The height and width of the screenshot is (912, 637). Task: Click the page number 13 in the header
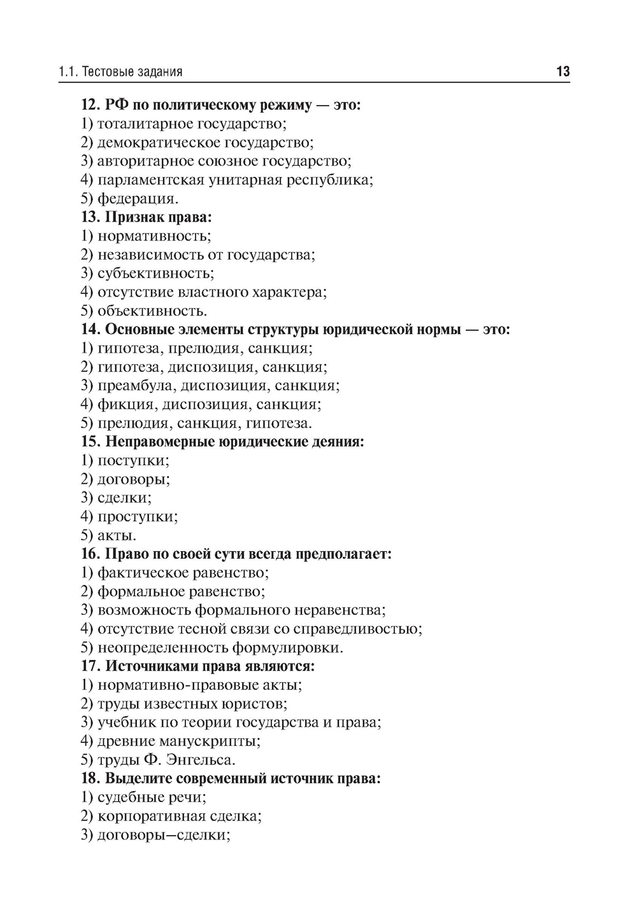coord(562,71)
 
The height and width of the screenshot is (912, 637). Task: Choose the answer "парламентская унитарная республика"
coord(234,179)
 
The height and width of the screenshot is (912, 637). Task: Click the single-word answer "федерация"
coord(138,199)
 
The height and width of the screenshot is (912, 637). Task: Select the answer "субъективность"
coord(155,274)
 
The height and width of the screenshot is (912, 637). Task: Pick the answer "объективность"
coord(152,311)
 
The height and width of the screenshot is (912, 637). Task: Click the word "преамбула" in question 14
coord(137,386)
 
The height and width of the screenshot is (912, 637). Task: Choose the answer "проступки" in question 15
coord(137,516)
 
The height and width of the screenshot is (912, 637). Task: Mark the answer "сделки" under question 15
coord(124,498)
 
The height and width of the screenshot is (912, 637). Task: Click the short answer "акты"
coord(117,535)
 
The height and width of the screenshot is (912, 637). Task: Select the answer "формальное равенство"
coord(181,591)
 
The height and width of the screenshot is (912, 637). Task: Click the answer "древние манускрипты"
coord(178,741)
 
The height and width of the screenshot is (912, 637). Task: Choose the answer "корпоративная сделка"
coord(179,816)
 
